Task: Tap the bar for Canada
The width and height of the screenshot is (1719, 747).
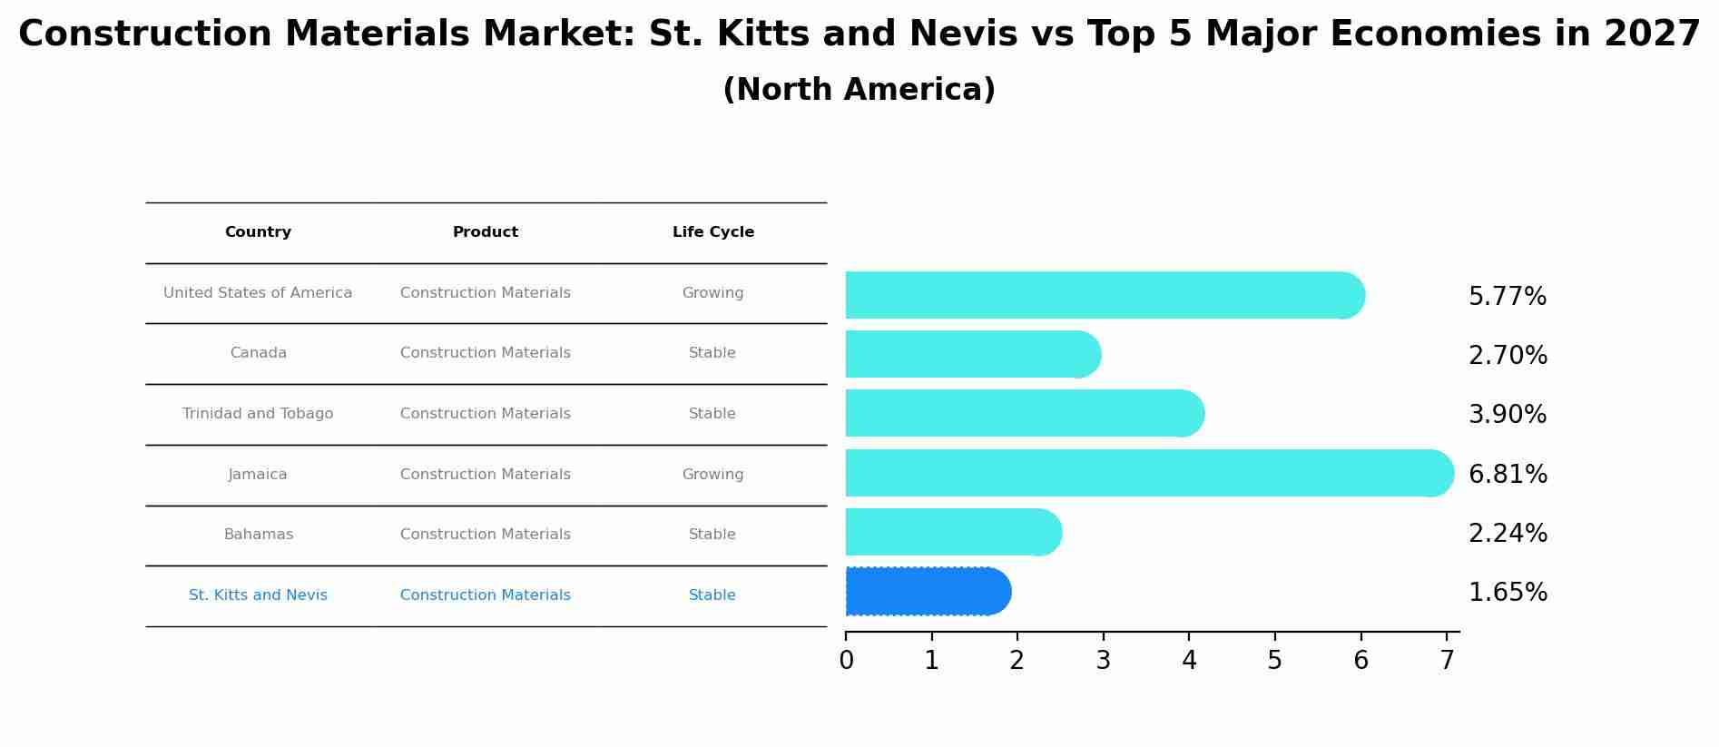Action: tap(972, 354)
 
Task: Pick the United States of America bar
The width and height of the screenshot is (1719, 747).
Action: tap(1104, 295)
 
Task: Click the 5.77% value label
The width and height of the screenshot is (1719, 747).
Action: tap(1507, 297)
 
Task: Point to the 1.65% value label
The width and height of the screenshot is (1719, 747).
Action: tap(1507, 593)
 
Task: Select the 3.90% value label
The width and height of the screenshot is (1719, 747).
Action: tap(1507, 415)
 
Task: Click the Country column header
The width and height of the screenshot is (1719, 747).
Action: tap(258, 232)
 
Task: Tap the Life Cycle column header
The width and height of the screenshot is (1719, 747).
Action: tap(712, 232)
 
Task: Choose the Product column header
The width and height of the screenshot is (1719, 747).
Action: tap(486, 232)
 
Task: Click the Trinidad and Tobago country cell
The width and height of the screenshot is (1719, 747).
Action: tap(258, 414)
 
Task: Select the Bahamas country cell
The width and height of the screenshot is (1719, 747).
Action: tap(258, 535)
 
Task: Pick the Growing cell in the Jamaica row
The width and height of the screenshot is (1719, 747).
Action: tap(712, 475)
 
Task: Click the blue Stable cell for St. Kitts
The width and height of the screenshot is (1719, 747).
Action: tap(712, 595)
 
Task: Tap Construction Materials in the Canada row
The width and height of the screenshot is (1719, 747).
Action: tap(486, 353)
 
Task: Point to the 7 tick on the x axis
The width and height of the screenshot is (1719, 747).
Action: tap(1447, 661)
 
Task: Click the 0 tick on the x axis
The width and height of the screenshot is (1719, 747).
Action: tap(846, 661)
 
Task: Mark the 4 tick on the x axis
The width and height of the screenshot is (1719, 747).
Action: tap(1189, 661)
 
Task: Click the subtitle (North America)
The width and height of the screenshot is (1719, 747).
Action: tap(859, 90)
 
